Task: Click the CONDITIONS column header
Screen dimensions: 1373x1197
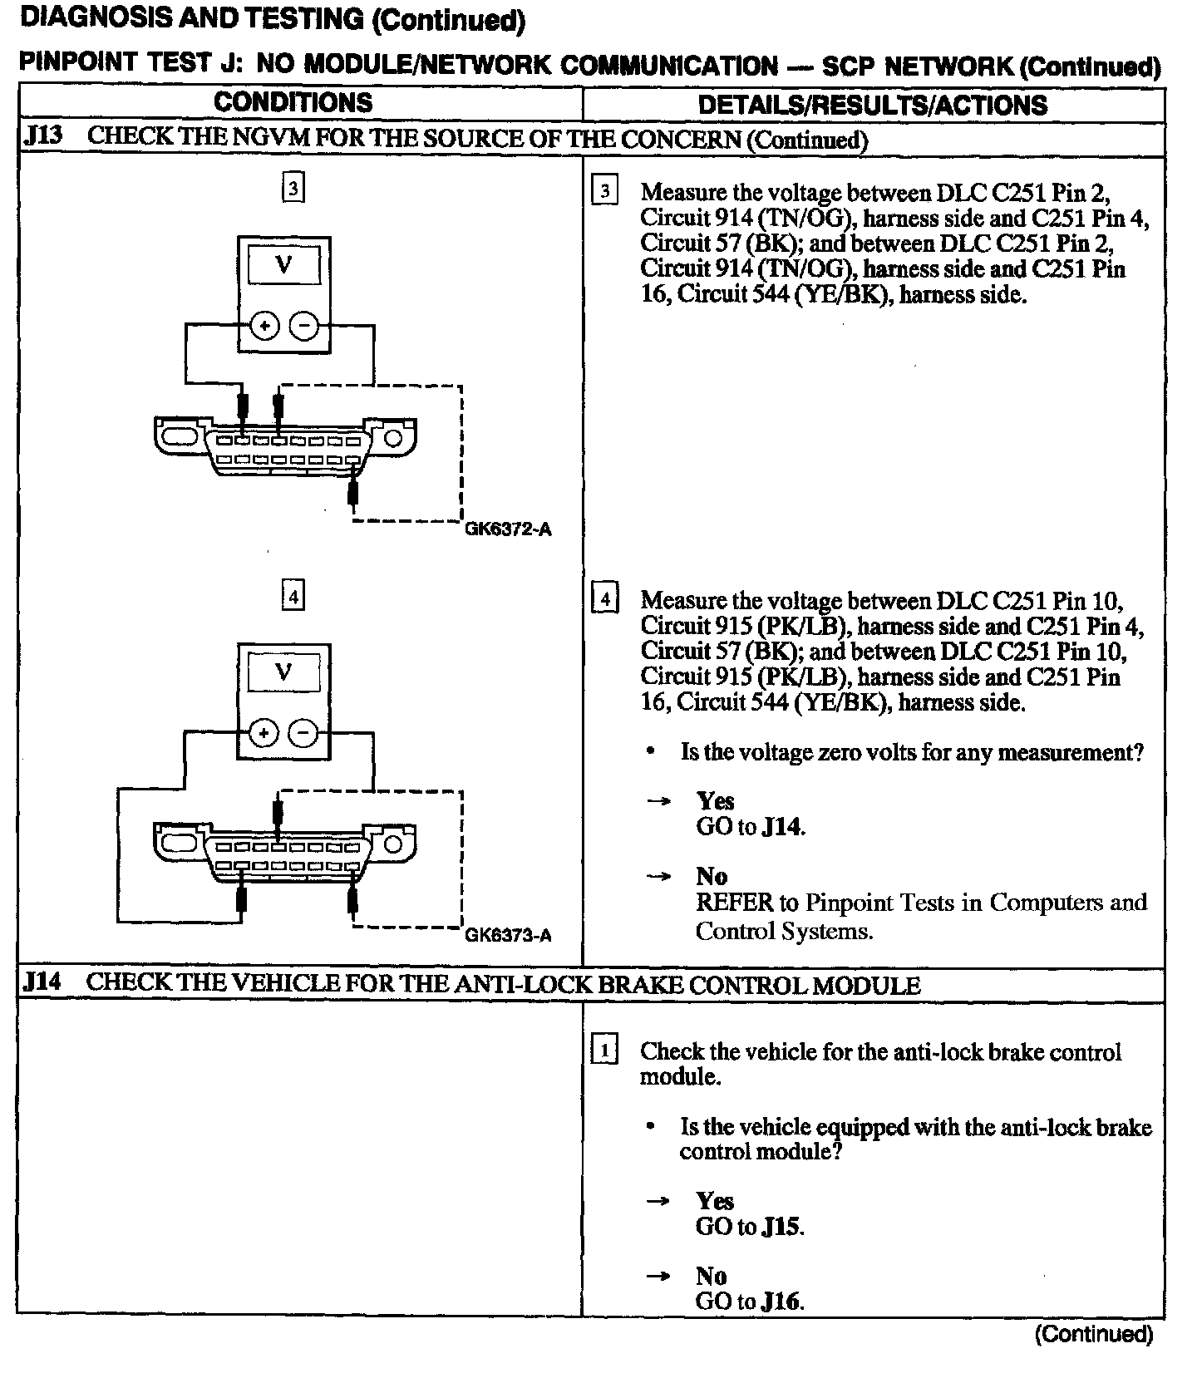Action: pos(293,103)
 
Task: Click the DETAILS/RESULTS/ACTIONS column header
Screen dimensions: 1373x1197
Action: pos(872,105)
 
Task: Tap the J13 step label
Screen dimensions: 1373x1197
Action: pos(42,136)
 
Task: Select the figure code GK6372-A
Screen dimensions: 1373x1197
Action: pos(508,529)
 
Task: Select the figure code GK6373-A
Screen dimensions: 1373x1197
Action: pos(508,936)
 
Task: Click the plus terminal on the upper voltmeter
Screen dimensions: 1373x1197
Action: pos(264,327)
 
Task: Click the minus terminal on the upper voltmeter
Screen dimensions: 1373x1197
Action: pos(303,327)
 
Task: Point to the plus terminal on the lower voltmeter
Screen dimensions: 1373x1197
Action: pos(264,733)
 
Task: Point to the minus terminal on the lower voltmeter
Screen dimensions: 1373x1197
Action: pos(303,733)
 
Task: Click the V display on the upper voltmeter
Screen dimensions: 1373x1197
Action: pos(283,265)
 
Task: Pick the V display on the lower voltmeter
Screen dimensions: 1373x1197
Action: pos(283,672)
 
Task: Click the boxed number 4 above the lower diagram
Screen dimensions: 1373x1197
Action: pos(293,597)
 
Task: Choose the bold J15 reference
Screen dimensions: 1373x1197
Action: pos(781,1227)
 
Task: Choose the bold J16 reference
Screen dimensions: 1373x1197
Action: pos(781,1302)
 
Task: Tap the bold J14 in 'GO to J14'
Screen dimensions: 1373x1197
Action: pos(782,827)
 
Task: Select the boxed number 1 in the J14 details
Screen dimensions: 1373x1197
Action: pos(603,1051)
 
